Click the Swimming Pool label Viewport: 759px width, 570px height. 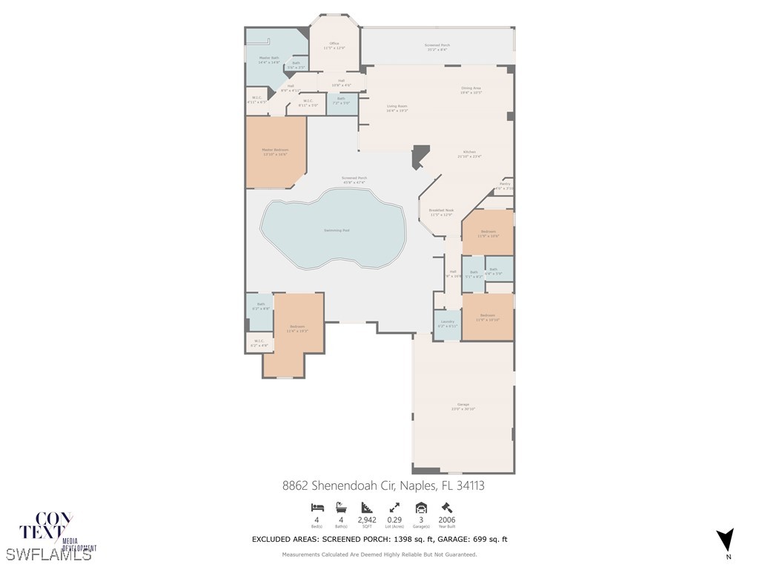(336, 230)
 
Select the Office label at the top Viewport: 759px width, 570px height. (334, 45)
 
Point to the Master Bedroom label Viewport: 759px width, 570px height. (275, 151)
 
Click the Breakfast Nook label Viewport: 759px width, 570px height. (441, 212)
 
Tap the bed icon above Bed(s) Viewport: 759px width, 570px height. (316, 508)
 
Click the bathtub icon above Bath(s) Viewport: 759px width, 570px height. (341, 508)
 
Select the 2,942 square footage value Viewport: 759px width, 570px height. (368, 520)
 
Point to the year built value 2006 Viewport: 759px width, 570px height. (446, 520)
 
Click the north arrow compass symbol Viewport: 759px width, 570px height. (726, 540)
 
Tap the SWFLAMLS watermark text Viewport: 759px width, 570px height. (48, 554)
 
